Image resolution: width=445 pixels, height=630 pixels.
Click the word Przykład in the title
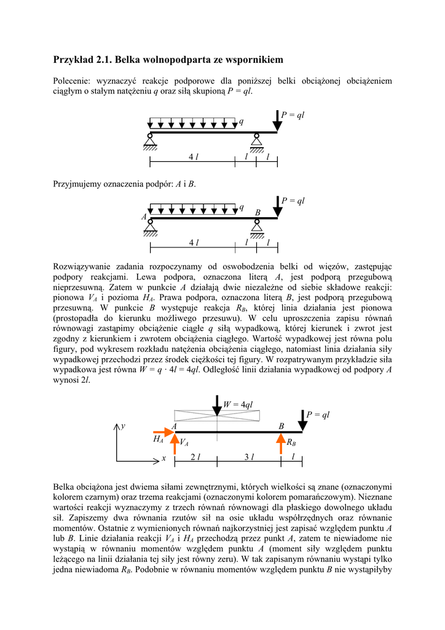click(x=73, y=60)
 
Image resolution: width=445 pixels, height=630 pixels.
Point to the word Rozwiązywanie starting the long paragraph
click(x=85, y=266)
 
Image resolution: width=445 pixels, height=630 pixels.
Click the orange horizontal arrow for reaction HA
click(x=163, y=433)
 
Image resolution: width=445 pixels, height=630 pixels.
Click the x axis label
click(x=164, y=459)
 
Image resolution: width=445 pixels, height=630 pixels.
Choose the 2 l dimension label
click(x=195, y=457)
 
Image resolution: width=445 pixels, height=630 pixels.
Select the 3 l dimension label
click(x=249, y=457)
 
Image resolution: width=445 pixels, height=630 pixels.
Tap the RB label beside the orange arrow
click(x=291, y=442)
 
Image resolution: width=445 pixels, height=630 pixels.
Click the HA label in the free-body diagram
click(x=159, y=440)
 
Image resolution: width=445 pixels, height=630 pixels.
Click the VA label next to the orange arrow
click(x=184, y=443)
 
